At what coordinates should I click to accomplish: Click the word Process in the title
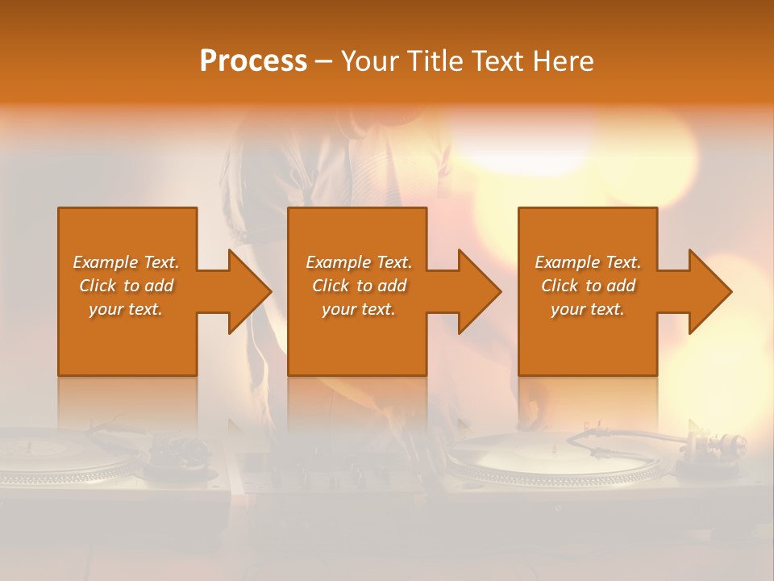point(253,61)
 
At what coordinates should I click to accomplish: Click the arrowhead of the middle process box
point(479,291)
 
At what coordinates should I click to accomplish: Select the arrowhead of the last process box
point(709,291)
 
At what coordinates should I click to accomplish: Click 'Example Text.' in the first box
point(126,262)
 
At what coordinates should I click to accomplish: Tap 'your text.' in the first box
point(126,309)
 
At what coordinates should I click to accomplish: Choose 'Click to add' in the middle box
point(359,286)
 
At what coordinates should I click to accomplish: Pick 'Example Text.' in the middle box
point(359,262)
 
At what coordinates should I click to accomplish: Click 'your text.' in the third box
point(588,309)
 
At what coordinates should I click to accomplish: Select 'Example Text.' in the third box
point(588,262)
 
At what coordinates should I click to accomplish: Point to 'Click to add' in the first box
point(126,286)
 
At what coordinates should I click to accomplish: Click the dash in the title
point(323,61)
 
